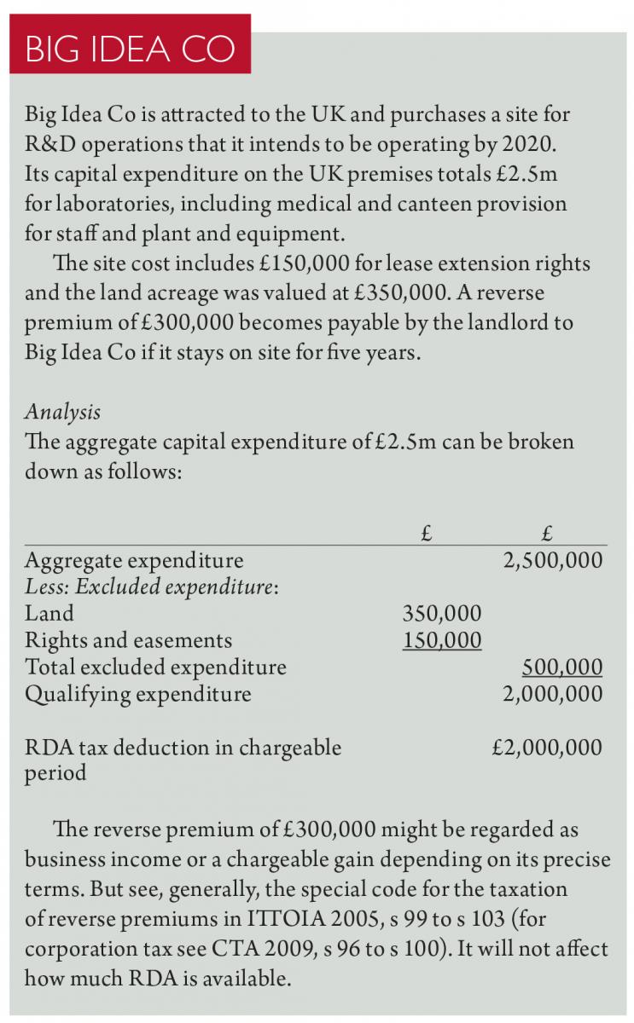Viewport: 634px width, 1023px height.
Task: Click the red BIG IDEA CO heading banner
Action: [x=130, y=48]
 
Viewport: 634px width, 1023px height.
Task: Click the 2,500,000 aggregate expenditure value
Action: [x=552, y=560]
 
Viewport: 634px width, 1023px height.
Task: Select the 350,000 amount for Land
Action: [x=441, y=613]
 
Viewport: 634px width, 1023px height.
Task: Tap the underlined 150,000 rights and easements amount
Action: [x=441, y=640]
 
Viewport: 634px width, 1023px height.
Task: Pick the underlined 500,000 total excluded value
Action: [x=561, y=667]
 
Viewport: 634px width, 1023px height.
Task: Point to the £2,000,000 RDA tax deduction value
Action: [x=547, y=748]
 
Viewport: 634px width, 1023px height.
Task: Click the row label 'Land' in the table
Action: [x=49, y=613]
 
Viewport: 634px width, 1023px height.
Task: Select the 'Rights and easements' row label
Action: [x=128, y=640]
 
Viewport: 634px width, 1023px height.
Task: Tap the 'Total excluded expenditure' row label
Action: [x=155, y=667]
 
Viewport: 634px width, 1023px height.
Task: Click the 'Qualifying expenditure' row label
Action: [x=138, y=694]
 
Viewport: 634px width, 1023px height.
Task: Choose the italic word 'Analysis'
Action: [x=62, y=412]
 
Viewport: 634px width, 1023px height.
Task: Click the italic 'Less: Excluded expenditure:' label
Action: [x=153, y=587]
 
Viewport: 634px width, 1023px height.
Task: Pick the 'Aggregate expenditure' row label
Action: [x=134, y=560]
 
